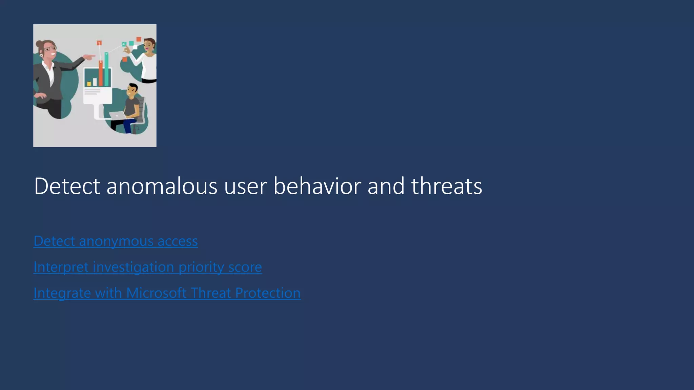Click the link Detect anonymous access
click(x=116, y=241)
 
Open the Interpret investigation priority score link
click(x=147, y=267)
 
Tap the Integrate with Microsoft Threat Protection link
click(x=167, y=293)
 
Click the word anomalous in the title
click(x=162, y=186)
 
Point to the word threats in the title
click(x=446, y=186)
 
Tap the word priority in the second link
click(x=201, y=267)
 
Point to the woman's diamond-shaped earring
click(x=41, y=55)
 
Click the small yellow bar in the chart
click(x=89, y=84)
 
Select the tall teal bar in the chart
click(x=107, y=69)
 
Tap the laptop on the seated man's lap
click(x=117, y=115)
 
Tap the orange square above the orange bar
click(x=99, y=43)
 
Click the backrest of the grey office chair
click(x=142, y=108)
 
